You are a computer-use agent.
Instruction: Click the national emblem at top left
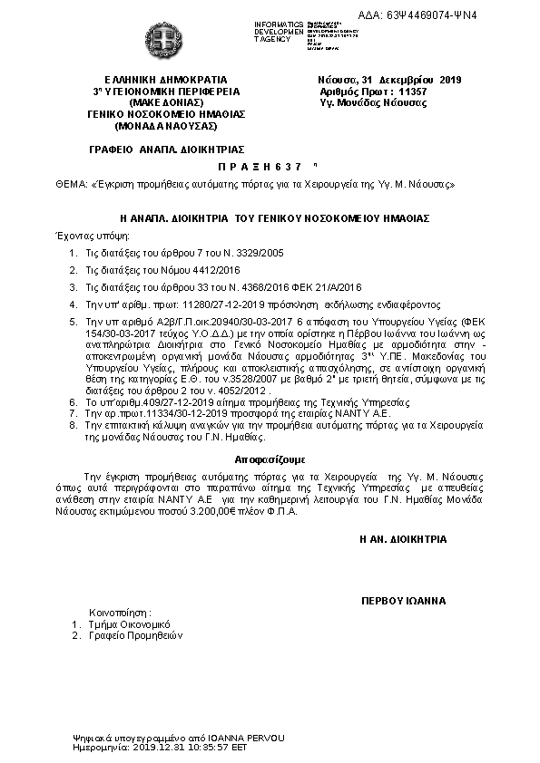(168, 40)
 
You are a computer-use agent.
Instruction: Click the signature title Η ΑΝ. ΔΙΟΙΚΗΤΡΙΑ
(403, 539)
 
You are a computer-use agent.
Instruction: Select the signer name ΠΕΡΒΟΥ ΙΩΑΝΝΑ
(403, 601)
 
